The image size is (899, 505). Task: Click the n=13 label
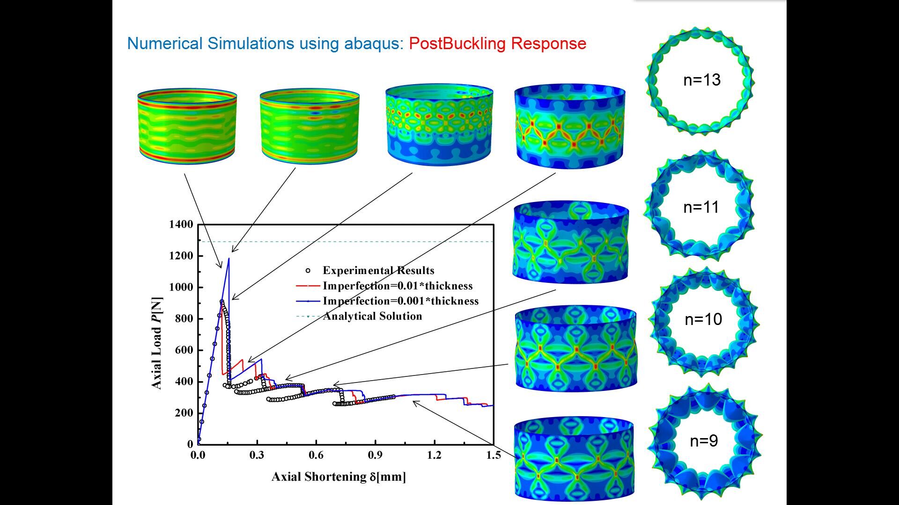(701, 80)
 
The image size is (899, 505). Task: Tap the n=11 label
(701, 207)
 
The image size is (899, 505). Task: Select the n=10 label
(703, 319)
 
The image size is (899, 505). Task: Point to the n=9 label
(704, 440)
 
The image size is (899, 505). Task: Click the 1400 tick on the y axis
(181, 224)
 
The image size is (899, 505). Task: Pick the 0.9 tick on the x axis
(375, 455)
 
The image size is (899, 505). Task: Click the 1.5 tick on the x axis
(494, 455)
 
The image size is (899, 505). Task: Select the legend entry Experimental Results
(378, 270)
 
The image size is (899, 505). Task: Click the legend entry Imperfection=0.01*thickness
(398, 286)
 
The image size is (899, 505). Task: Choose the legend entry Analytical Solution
(372, 316)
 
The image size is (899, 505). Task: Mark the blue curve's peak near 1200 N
(229, 258)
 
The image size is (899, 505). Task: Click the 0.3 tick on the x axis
(257, 455)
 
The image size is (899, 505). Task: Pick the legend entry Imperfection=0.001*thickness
(400, 301)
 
